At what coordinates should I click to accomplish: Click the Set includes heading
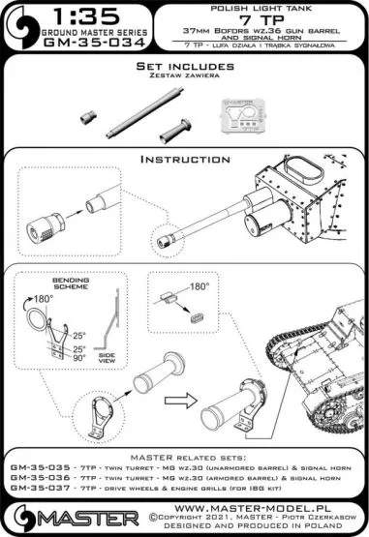[184, 68]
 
